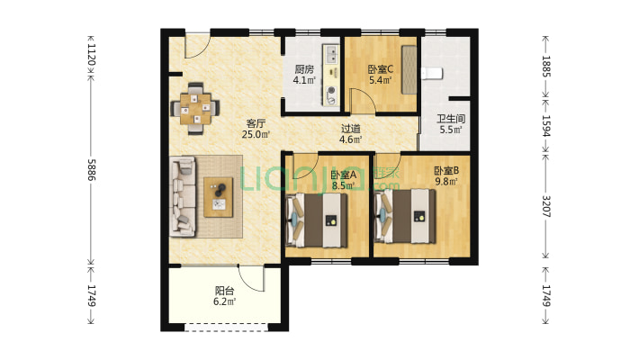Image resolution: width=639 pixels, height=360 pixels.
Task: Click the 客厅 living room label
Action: [x=256, y=122]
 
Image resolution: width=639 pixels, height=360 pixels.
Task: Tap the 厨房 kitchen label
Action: [x=304, y=69]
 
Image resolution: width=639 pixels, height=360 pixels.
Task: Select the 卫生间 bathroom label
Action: [x=451, y=119]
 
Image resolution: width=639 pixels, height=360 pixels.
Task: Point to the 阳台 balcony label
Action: [x=224, y=291]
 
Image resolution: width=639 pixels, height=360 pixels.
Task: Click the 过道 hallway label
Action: [x=350, y=129]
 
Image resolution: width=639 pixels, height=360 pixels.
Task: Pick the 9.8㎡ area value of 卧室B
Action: [x=446, y=182]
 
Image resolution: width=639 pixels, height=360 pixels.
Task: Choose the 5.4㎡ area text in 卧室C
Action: [x=380, y=80]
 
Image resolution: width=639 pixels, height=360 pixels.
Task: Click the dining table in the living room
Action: [x=196, y=109]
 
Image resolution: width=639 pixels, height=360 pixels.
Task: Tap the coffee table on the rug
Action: [x=219, y=197]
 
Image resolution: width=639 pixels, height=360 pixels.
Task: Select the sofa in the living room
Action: [x=183, y=196]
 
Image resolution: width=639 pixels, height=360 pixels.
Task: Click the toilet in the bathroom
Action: [x=432, y=74]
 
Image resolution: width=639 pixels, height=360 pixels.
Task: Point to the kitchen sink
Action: [x=332, y=54]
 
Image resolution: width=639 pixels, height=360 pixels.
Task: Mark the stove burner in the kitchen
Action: [x=332, y=91]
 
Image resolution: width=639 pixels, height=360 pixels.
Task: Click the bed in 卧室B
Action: [x=405, y=217]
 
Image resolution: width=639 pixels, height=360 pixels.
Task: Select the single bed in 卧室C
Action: [x=409, y=69]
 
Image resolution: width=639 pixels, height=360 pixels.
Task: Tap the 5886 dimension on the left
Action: [x=92, y=170]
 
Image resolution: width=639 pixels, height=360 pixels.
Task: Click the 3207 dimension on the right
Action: [x=546, y=207]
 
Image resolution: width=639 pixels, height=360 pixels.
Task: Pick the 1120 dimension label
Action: [x=92, y=55]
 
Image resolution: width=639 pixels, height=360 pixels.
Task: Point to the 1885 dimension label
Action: [x=546, y=67]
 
